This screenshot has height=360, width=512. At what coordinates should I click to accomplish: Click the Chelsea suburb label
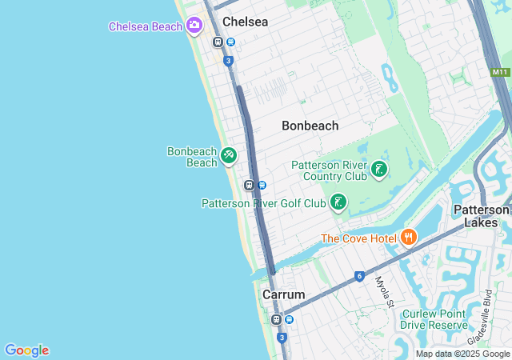[246, 22]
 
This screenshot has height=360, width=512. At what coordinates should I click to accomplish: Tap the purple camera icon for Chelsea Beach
[194, 26]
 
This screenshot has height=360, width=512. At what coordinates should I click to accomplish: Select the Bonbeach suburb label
[310, 126]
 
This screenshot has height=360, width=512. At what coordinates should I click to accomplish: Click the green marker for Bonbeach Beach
[229, 155]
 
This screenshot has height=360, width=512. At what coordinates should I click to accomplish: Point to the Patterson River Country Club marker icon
[379, 169]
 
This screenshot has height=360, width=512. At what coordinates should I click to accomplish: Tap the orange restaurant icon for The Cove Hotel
[409, 237]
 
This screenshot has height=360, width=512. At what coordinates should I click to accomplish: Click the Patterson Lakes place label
[481, 216]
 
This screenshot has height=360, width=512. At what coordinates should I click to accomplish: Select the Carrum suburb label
[283, 294]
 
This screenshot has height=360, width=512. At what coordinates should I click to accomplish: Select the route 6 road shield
[360, 277]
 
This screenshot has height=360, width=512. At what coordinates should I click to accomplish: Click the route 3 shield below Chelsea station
[229, 61]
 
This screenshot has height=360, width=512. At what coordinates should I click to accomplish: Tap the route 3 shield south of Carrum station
[282, 338]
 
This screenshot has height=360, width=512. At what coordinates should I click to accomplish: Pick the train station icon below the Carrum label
[276, 319]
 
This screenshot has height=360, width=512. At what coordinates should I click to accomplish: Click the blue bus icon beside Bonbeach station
[262, 185]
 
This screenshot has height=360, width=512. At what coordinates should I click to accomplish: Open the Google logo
[26, 350]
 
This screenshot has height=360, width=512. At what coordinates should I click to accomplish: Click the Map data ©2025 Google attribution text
[463, 354]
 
